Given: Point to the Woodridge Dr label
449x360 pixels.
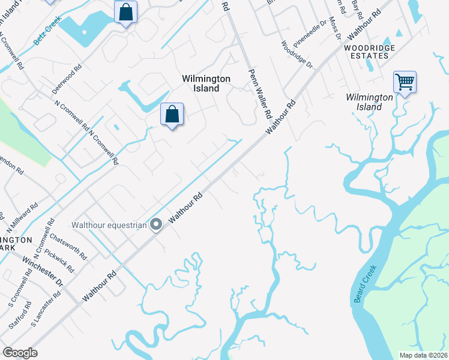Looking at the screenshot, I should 297,53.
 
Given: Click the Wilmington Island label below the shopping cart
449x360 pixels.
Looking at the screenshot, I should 364,102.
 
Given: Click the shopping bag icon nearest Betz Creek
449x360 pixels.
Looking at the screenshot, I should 125,11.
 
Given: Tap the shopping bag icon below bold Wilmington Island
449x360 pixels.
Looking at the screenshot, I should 172,113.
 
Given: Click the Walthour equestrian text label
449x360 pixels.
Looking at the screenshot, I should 109,226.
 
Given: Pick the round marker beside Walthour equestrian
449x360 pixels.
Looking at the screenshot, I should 156,225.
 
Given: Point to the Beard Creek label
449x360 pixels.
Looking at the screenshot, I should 365,283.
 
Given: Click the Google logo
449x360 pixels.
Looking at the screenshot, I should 20,353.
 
